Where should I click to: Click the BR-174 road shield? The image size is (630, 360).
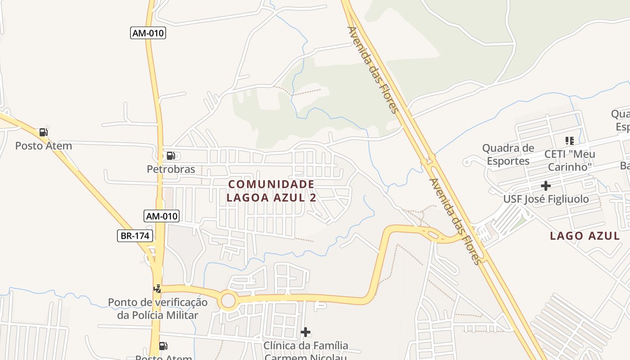click(x=135, y=235)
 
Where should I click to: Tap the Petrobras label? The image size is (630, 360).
click(x=171, y=169)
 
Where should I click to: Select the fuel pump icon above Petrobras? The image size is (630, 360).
click(x=171, y=156)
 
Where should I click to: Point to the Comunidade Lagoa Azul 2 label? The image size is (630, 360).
click(x=271, y=191)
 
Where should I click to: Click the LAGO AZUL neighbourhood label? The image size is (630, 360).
click(x=585, y=236)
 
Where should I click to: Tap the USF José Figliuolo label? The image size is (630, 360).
click(x=546, y=199)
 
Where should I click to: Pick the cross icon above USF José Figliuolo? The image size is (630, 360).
click(x=546, y=185)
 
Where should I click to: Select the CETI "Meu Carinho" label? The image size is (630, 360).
click(x=570, y=160)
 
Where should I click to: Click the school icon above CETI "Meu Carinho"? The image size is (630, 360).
click(x=570, y=141)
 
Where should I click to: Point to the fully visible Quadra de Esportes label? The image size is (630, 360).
click(x=508, y=154)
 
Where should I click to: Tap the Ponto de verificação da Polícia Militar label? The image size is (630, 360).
click(x=157, y=308)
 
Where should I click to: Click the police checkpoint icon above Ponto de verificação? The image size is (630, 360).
click(x=157, y=288)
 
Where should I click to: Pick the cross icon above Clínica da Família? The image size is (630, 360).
click(x=306, y=332)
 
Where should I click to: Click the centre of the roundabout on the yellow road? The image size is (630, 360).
click(x=228, y=301)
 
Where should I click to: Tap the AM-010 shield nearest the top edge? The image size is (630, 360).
click(x=148, y=33)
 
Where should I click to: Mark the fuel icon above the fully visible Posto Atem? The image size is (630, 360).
click(x=43, y=132)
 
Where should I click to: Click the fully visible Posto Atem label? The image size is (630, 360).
click(x=43, y=146)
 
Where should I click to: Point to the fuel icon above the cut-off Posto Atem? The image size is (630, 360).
click(x=163, y=346)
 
